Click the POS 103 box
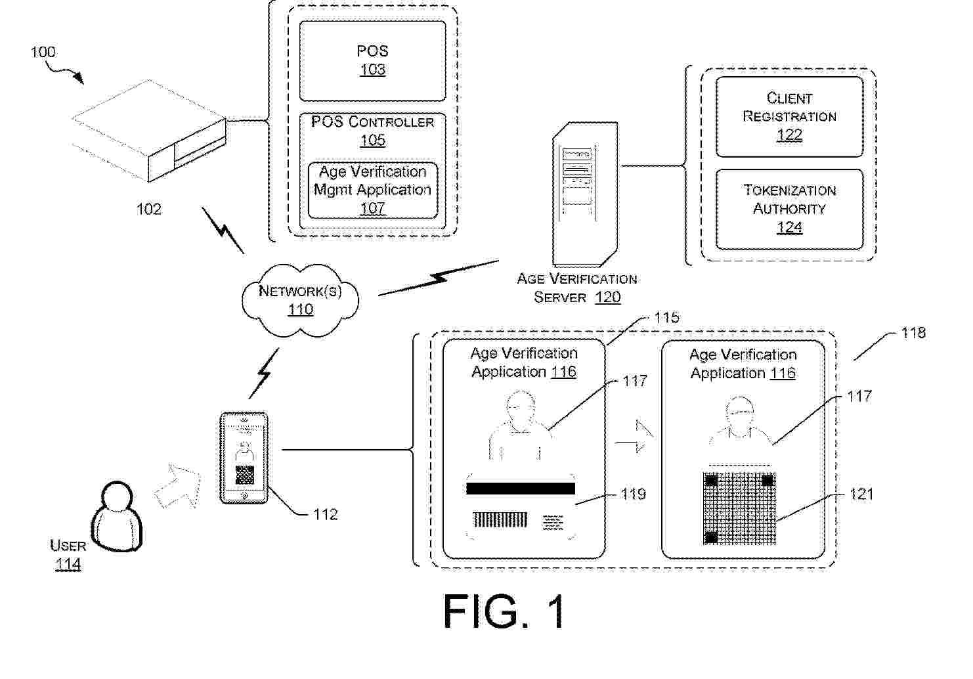pos(372,60)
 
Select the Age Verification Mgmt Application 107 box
pos(372,190)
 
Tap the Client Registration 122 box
pos(789,116)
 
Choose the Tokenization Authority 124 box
pos(789,209)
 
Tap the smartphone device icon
pos(244,458)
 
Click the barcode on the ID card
pos(500,521)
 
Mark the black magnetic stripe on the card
pos(520,488)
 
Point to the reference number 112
pos(325,514)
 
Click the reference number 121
pos(861,494)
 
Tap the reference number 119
pos(634,494)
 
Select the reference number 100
pos(43,52)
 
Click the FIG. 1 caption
pos(504,611)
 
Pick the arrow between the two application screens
pos(635,438)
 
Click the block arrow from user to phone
pos(177,486)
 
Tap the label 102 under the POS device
pos(148,209)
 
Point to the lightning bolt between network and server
pos(438,278)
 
